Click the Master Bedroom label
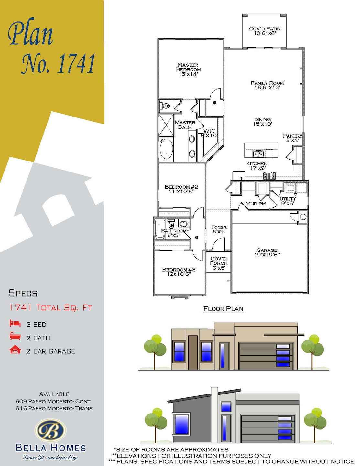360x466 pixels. (x=188, y=70)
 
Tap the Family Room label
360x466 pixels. (x=267, y=85)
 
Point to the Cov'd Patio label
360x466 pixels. (x=265, y=31)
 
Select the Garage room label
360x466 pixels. (x=267, y=252)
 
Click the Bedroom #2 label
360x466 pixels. (x=181, y=189)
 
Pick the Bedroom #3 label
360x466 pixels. (x=179, y=272)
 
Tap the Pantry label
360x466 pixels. (x=292, y=138)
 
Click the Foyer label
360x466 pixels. (x=219, y=229)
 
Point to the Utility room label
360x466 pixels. (x=288, y=201)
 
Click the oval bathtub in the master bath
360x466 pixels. (x=166, y=149)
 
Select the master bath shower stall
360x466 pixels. (x=166, y=125)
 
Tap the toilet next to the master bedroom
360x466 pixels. (x=166, y=105)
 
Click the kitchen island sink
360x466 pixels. (x=258, y=153)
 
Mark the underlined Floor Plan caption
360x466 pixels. (x=223, y=309)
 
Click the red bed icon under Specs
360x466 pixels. (x=15, y=323)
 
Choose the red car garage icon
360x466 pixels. (x=15, y=350)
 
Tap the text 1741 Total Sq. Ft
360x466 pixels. (x=51, y=307)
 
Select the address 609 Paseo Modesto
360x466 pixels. (x=53, y=401)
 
